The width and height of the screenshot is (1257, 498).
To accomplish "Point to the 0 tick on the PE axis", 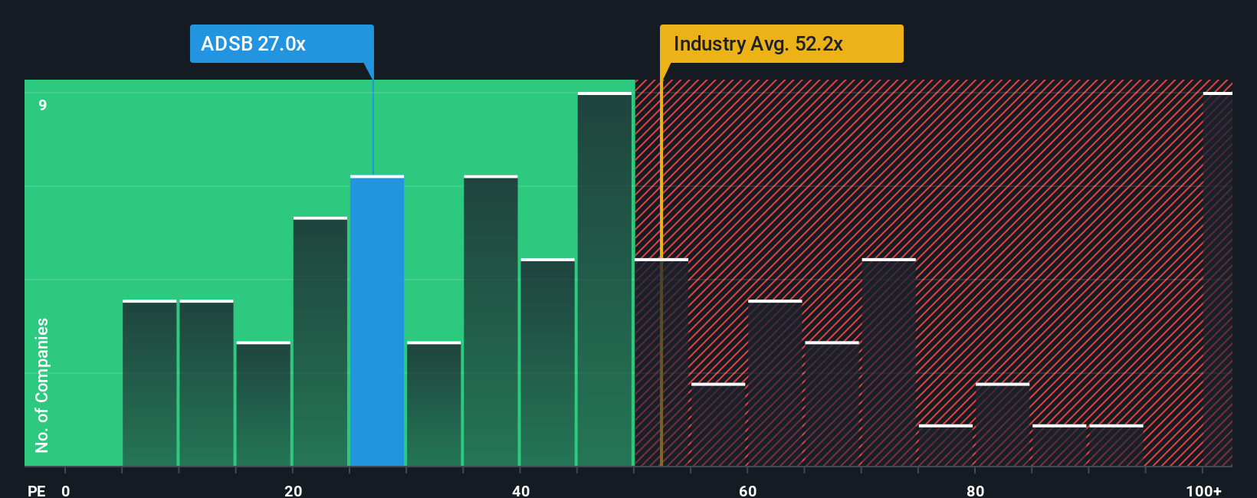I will point(66,490).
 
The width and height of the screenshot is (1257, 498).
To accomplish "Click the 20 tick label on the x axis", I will point(293,490).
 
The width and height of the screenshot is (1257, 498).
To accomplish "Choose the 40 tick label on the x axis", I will point(520,490).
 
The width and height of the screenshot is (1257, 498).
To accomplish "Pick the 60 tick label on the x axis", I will point(748,490).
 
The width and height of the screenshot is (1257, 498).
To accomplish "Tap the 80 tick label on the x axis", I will point(975,490).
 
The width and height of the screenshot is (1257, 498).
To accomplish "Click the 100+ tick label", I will point(1203,490).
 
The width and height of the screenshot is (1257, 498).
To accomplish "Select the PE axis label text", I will point(36,490).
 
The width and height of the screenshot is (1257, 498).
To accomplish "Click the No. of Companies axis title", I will point(42,385).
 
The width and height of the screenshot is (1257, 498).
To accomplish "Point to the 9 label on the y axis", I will point(43,105).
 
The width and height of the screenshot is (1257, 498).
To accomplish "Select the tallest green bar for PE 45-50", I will point(605,280).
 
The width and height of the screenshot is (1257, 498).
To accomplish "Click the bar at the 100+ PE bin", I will point(1217,280).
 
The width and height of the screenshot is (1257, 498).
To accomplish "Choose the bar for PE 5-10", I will point(149,383).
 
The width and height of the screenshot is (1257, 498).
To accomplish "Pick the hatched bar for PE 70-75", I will point(888,362).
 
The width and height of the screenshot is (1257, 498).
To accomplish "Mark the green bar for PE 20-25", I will point(320,342).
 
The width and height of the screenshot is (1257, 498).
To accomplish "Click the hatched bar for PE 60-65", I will point(775,383).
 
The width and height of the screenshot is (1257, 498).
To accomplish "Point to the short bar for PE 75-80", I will point(945,446).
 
